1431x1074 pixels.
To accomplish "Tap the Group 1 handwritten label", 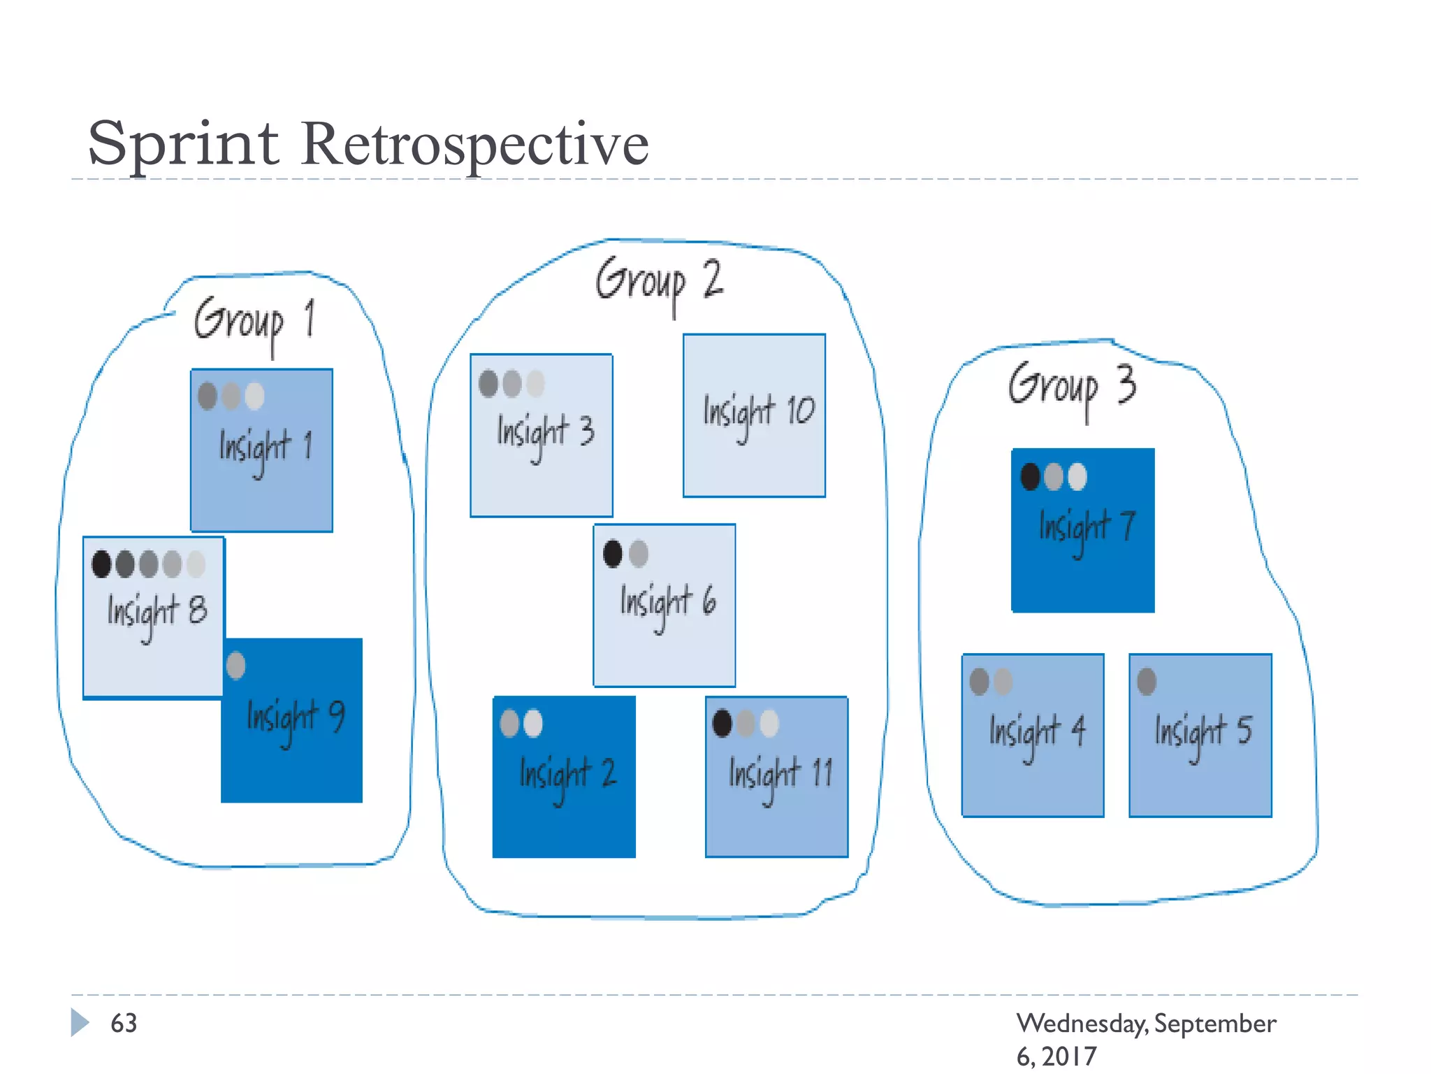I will pyautogui.click(x=254, y=322).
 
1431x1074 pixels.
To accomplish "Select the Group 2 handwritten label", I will pyautogui.click(x=658, y=281).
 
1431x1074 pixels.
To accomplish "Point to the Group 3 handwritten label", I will pyautogui.click(x=1071, y=387).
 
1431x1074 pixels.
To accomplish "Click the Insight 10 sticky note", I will pyautogui.click(x=754, y=415).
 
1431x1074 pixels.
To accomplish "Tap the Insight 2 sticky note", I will pyautogui.click(x=564, y=777).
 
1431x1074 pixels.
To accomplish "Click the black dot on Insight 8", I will pyautogui.click(x=101, y=564).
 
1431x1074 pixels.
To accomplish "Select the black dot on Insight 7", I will pyautogui.click(x=1030, y=476).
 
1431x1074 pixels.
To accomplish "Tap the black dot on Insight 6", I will pyautogui.click(x=613, y=553).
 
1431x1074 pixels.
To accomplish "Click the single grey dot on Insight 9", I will pyautogui.click(x=236, y=665).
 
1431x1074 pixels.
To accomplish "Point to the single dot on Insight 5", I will pyautogui.click(x=1147, y=681).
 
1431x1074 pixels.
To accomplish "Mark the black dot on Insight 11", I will pyautogui.click(x=722, y=723).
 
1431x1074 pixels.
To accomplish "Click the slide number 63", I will pyautogui.click(x=124, y=1023).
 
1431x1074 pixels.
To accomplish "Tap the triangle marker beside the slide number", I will pyautogui.click(x=80, y=1022).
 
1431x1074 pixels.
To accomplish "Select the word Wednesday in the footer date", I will pyautogui.click(x=1081, y=1024).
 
